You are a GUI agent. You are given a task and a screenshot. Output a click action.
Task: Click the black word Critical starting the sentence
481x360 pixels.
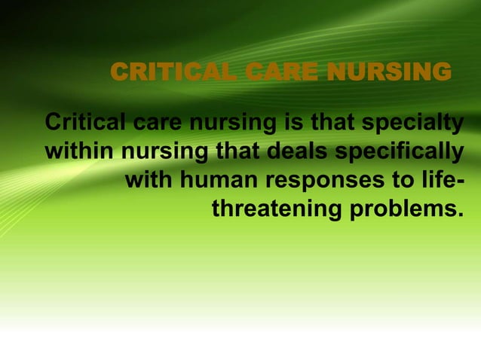coord(85,121)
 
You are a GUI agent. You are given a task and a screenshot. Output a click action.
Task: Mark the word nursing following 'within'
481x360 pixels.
coord(165,152)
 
